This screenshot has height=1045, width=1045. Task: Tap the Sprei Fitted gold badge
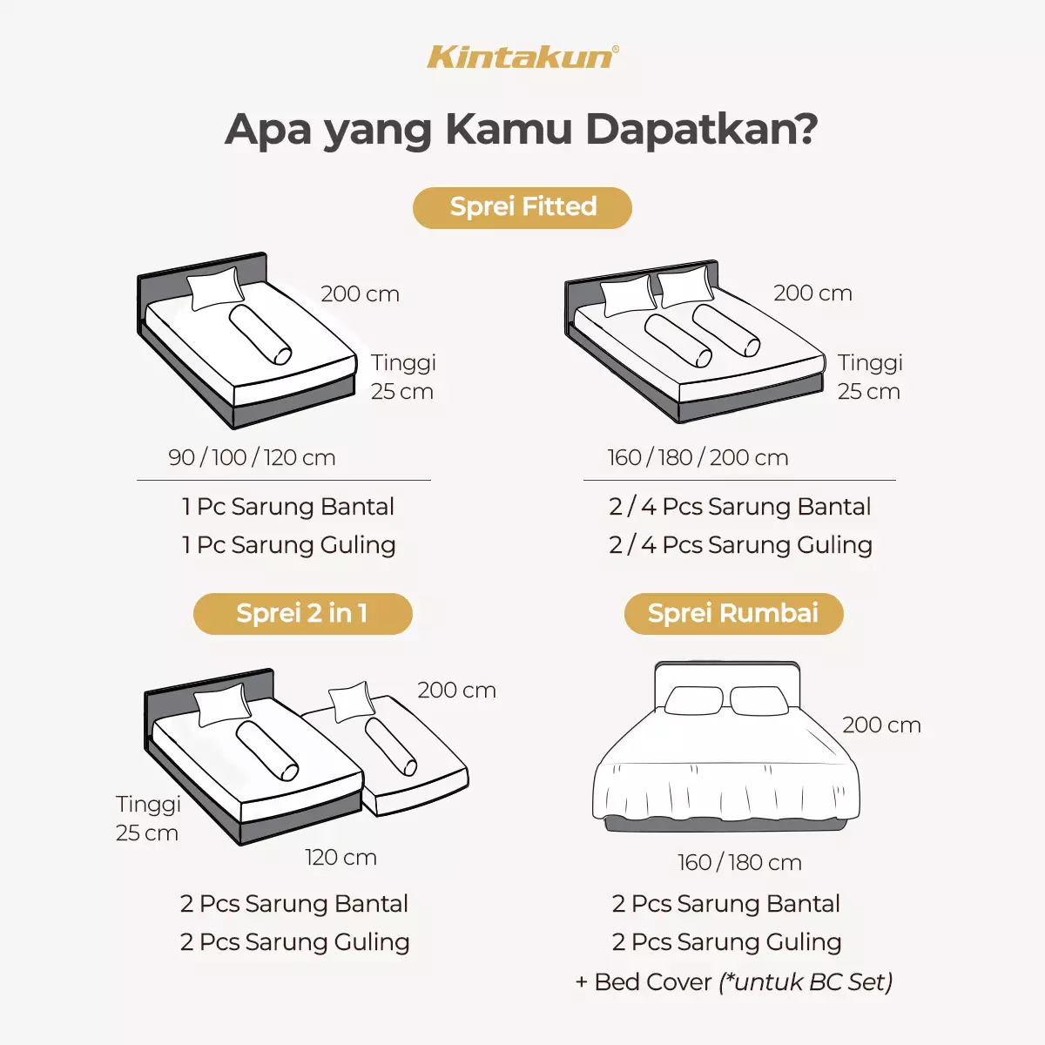click(522, 207)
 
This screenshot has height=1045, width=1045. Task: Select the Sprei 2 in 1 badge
click(302, 613)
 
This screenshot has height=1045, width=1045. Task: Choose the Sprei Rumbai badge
click(733, 613)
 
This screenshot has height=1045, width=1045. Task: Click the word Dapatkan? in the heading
click(702, 129)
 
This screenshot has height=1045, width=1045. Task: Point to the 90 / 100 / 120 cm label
click(252, 457)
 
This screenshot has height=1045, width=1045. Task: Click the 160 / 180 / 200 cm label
click(698, 457)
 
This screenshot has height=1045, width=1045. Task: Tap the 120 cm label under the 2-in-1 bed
click(340, 857)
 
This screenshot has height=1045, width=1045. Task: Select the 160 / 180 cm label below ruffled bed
click(739, 862)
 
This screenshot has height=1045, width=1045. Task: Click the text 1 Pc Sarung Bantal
click(287, 506)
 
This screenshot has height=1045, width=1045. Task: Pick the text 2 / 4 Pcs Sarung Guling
click(740, 544)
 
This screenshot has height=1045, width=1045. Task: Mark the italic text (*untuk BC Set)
click(806, 981)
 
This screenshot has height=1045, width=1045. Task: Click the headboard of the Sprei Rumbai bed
click(726, 675)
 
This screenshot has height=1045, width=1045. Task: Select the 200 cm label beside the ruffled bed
click(881, 725)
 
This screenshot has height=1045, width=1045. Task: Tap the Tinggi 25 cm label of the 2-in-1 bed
click(148, 818)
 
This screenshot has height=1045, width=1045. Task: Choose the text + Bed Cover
click(644, 981)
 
